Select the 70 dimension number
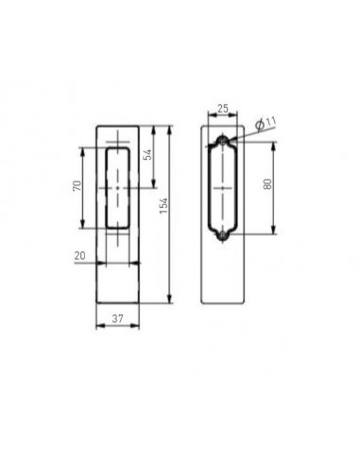(x=76, y=187)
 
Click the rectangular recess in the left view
(x=116, y=187)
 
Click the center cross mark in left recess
(x=116, y=187)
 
